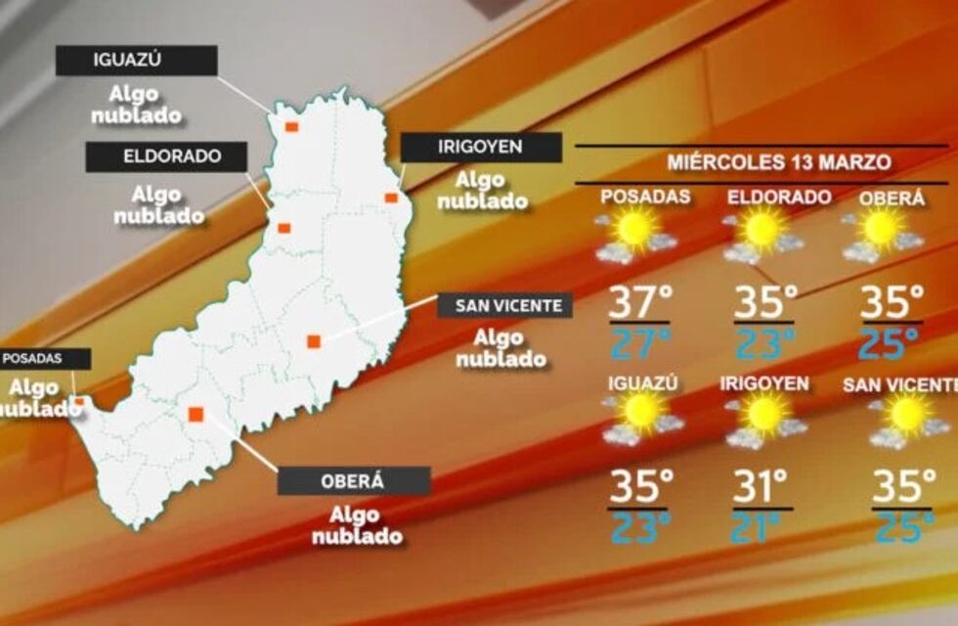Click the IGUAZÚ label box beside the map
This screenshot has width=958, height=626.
pos(136,61)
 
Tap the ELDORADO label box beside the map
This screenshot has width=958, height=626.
pos(165,156)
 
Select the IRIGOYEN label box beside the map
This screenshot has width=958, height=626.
pos(481,148)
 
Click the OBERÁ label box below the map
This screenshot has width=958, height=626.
pos(354,481)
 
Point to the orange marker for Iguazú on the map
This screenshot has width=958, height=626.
pos(291,126)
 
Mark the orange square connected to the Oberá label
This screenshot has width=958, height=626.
pos(196,414)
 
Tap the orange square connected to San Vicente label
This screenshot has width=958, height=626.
pos(314,340)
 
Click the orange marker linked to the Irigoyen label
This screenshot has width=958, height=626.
pos(391,198)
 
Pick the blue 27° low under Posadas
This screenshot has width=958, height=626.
pos(640,342)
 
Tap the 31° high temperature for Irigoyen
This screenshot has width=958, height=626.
pos(762,486)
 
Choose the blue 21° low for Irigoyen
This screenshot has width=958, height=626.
pos(762,527)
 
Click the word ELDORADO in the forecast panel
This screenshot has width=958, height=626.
pos(779,198)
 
